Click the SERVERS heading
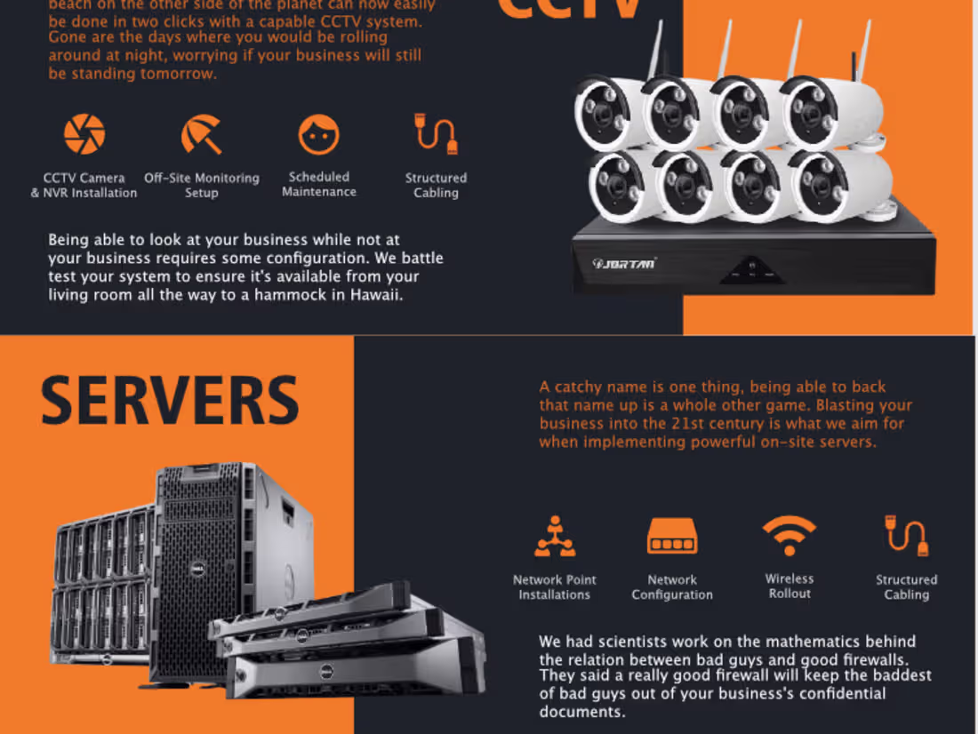(x=170, y=401)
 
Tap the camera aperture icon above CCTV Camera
(x=84, y=134)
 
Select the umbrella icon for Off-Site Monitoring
(x=202, y=134)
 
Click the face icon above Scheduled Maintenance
(x=319, y=134)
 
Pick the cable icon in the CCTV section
(x=437, y=134)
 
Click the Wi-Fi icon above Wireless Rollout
(x=789, y=536)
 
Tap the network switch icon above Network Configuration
(x=672, y=536)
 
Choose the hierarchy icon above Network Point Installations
(x=555, y=536)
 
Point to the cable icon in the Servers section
(x=907, y=536)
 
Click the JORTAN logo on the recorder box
(x=625, y=263)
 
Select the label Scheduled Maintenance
(x=319, y=184)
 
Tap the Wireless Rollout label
(x=790, y=586)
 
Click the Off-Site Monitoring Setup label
(x=202, y=185)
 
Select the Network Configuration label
(x=672, y=587)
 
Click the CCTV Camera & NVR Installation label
(x=84, y=185)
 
